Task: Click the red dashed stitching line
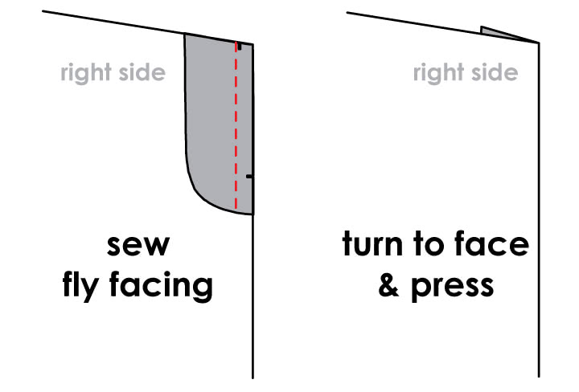tap(236, 126)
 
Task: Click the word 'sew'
tap(138, 245)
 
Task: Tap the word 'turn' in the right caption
tap(372, 243)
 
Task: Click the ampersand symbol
tap(389, 285)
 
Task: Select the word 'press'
tap(453, 288)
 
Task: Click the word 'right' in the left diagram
tap(86, 72)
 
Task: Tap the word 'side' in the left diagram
tap(142, 72)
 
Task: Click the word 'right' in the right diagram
tap(439, 72)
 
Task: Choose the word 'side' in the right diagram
tap(495, 72)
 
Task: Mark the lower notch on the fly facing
tap(249, 177)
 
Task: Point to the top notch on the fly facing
tap(240, 47)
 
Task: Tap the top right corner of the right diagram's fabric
tap(539, 43)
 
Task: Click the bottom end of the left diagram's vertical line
tap(253, 378)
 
